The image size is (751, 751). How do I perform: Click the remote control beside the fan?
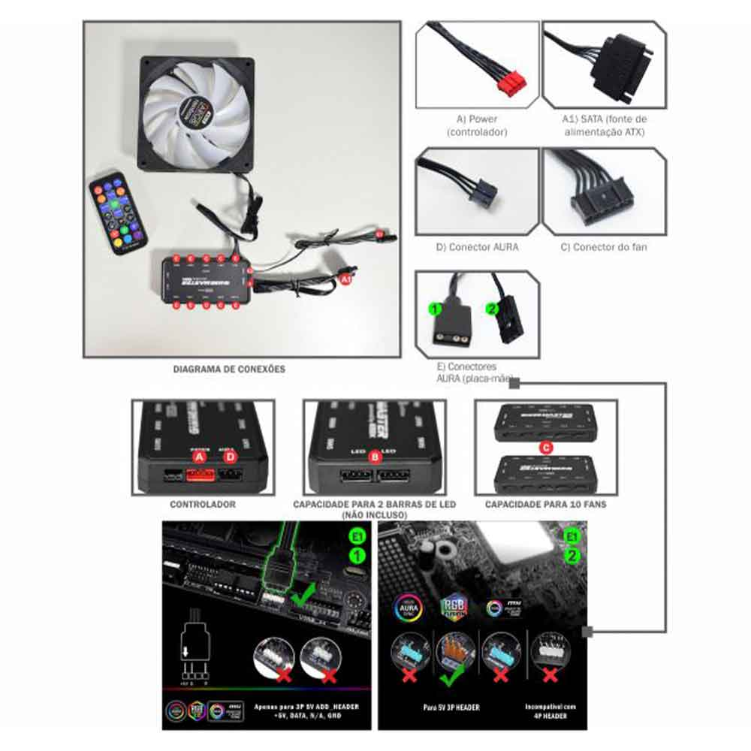click(119, 213)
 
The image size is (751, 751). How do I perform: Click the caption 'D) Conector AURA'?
click(477, 247)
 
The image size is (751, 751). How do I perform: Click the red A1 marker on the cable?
click(345, 279)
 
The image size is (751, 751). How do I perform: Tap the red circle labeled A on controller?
click(200, 457)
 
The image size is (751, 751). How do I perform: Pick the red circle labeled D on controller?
click(231, 457)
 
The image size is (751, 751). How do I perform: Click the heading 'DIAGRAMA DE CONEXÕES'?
click(229, 369)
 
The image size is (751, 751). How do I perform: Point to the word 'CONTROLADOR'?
click(203, 504)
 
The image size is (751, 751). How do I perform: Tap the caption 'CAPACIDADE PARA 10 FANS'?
click(546, 504)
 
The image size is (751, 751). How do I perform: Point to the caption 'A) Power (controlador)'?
click(477, 125)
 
